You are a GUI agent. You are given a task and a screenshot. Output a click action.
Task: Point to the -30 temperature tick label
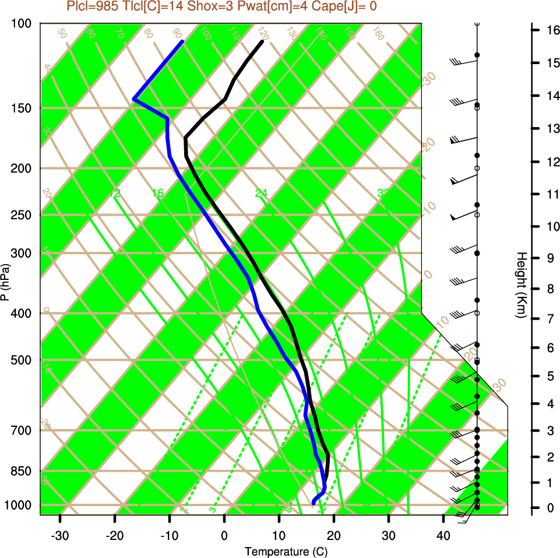(x=60, y=536)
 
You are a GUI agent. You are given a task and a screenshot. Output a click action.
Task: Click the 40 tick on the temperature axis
(x=443, y=536)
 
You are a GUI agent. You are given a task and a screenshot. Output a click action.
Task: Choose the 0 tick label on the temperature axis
(x=224, y=536)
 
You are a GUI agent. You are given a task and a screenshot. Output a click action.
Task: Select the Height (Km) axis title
(x=522, y=285)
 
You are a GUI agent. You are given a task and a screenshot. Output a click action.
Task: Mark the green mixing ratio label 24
(x=261, y=193)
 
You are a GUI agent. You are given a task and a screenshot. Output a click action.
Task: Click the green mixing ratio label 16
(x=157, y=193)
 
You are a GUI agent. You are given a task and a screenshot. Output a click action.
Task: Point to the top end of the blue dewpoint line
(x=182, y=41)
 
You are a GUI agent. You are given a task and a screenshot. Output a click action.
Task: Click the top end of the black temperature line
(x=262, y=41)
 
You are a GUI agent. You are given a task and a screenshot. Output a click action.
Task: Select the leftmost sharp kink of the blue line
(x=134, y=99)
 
